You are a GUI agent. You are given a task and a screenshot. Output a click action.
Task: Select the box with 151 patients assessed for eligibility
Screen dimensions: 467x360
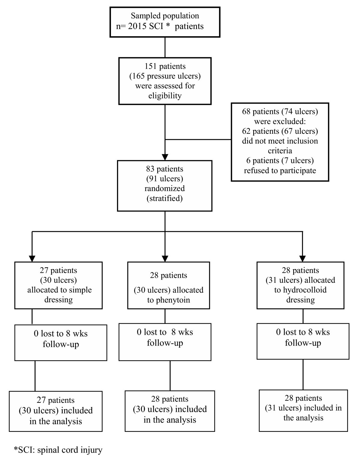(x=165, y=81)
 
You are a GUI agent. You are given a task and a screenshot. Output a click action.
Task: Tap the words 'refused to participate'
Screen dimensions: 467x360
(x=280, y=171)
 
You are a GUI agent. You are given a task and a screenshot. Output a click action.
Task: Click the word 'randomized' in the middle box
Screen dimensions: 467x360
(x=164, y=189)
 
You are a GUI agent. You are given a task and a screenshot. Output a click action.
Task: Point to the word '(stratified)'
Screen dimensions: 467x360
(x=164, y=198)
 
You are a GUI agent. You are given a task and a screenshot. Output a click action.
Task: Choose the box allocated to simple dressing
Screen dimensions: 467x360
(x=58, y=285)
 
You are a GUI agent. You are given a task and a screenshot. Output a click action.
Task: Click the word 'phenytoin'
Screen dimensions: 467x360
(x=168, y=300)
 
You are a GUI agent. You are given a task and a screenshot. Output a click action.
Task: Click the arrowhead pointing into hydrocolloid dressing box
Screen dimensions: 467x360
(x=302, y=258)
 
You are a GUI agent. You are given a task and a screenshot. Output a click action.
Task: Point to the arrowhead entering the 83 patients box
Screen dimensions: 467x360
(x=165, y=157)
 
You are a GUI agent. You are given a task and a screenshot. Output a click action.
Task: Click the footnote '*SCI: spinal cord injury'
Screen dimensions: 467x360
(x=58, y=450)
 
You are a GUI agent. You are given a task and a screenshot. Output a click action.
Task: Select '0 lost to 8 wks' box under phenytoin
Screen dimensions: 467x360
(x=165, y=342)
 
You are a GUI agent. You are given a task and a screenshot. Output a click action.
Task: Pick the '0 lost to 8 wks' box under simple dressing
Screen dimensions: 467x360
(x=61, y=343)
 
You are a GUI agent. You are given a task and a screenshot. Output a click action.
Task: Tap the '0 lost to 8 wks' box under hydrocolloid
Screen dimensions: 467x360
(x=303, y=341)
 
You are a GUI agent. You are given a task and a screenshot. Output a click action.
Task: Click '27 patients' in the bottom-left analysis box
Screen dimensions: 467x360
(x=55, y=400)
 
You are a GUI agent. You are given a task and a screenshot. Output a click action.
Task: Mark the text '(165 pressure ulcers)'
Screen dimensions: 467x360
(x=165, y=76)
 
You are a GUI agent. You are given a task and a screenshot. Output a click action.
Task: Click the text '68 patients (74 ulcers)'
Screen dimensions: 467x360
(x=280, y=112)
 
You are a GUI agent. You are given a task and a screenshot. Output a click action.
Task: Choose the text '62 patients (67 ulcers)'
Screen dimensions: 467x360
(x=280, y=131)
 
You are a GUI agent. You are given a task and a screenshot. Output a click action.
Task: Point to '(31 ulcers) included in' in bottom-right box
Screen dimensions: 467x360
(x=303, y=408)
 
